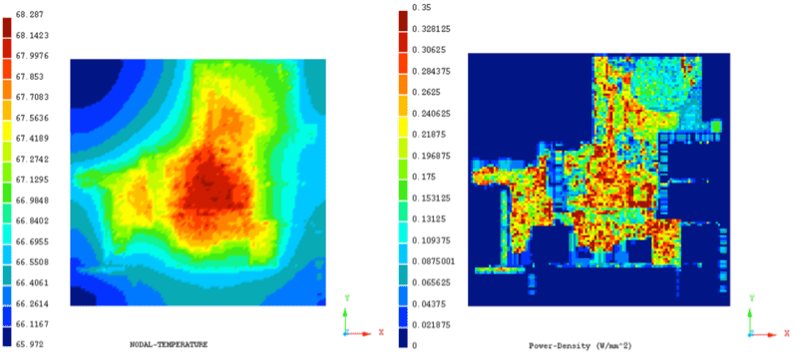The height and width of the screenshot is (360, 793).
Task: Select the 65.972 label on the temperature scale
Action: (34, 343)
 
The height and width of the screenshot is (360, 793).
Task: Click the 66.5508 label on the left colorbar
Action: (37, 261)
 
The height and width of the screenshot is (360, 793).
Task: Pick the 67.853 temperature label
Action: (34, 76)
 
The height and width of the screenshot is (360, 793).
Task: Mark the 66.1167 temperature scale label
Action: (37, 323)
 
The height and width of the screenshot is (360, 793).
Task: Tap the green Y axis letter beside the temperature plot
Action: (344, 297)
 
